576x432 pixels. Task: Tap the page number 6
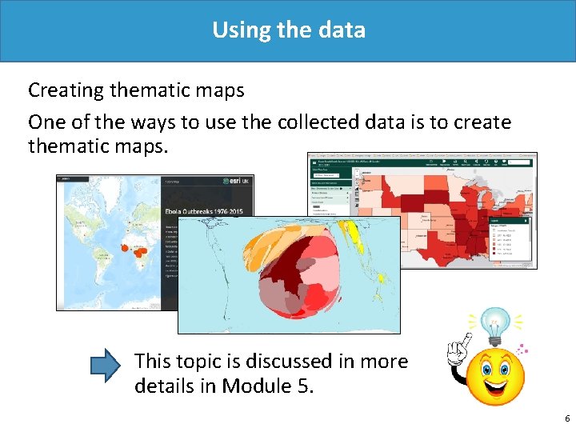(566, 418)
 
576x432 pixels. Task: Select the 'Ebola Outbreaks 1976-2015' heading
(206, 211)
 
